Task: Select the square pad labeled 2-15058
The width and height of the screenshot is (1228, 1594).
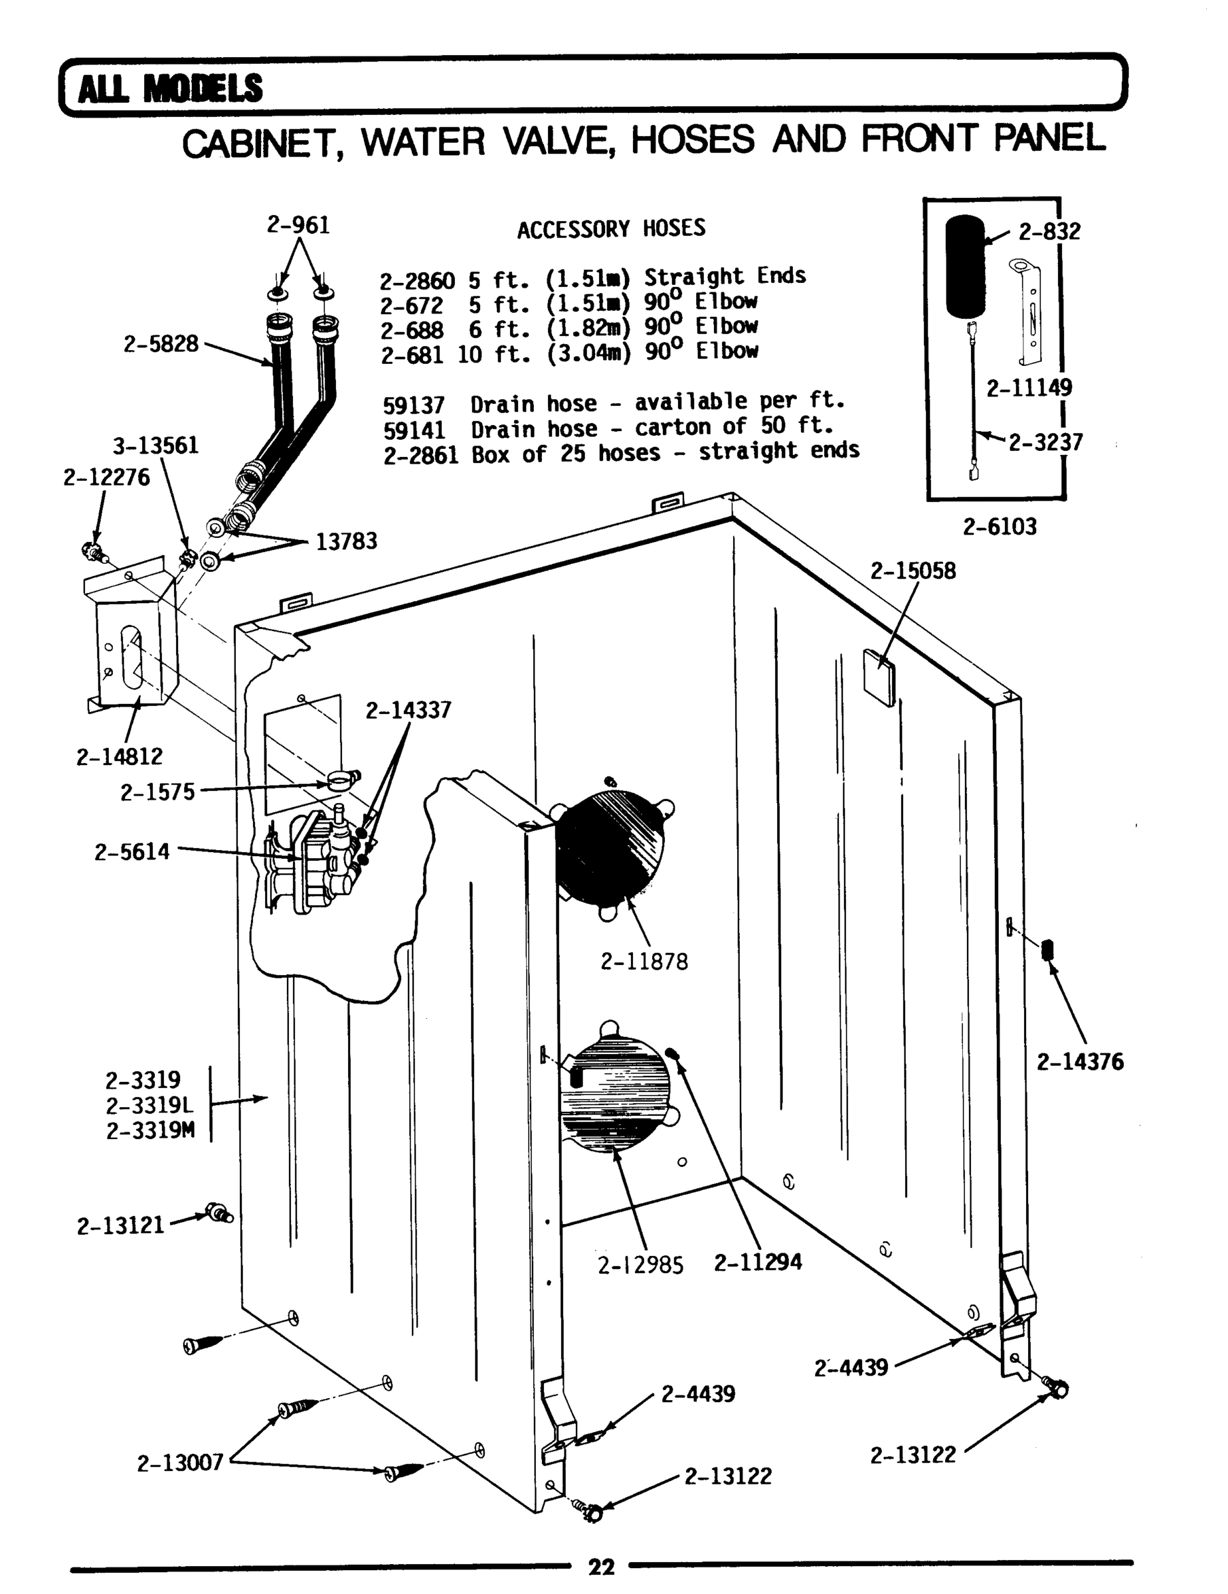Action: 879,677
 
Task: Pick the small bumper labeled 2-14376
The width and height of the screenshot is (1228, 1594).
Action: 1049,949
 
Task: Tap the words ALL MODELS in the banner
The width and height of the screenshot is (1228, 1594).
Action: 169,88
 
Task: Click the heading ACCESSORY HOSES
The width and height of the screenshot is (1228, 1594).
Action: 612,228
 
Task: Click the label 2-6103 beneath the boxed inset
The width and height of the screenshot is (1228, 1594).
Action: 999,526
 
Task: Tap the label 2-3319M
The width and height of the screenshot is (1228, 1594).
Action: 150,1130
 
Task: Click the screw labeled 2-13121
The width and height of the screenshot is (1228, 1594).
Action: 217,1212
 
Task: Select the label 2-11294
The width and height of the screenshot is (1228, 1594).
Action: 757,1262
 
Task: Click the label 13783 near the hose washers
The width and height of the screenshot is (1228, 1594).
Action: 346,541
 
